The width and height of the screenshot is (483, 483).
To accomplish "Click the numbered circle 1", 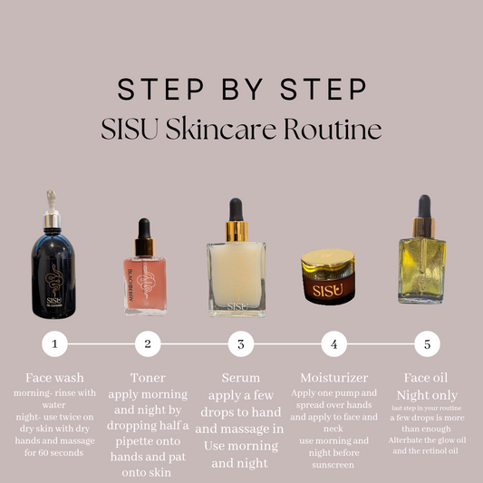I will click(x=55, y=344).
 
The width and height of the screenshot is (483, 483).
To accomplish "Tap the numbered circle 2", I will click(x=148, y=344).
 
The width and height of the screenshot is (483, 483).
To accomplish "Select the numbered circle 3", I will click(x=240, y=344).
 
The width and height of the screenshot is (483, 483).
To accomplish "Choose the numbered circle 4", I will click(x=333, y=344).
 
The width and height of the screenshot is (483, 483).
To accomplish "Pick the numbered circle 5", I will click(x=426, y=344).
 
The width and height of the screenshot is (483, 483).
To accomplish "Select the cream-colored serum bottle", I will click(x=239, y=272).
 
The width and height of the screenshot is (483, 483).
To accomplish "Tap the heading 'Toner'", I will click(x=148, y=378).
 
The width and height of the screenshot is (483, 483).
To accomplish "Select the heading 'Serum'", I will click(x=240, y=378).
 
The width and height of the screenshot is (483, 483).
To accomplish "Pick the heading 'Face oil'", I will click(x=426, y=378).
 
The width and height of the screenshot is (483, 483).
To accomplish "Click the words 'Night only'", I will click(x=426, y=395).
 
